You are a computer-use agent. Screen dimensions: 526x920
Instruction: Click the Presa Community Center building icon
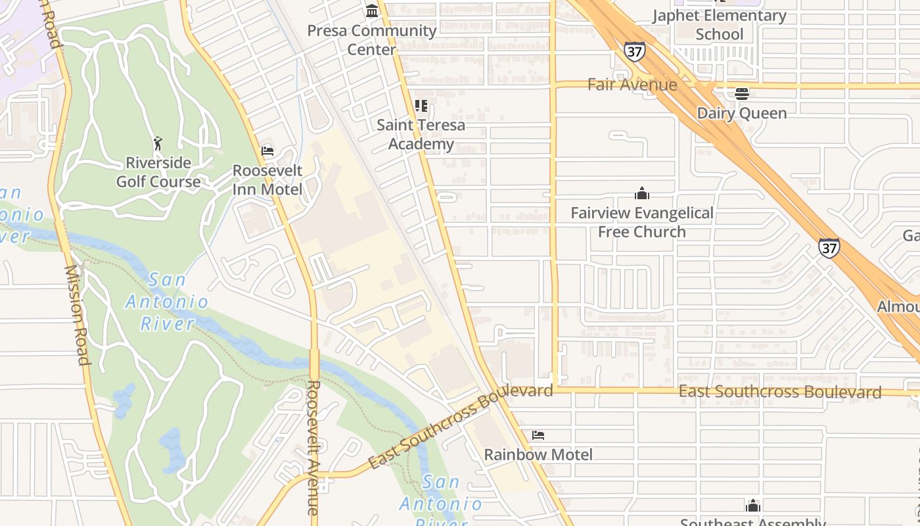click(x=372, y=11)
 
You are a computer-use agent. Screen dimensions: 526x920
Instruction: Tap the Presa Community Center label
click(x=372, y=39)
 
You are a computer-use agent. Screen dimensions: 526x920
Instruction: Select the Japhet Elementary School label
click(x=719, y=25)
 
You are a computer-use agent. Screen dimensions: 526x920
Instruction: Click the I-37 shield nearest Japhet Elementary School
click(x=635, y=52)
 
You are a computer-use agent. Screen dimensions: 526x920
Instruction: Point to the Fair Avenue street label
click(x=632, y=85)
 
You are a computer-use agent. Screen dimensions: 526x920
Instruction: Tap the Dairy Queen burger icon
click(x=742, y=94)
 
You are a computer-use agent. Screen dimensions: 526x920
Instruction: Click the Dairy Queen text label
click(x=741, y=113)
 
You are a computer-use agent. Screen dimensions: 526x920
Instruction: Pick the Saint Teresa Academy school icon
click(x=421, y=106)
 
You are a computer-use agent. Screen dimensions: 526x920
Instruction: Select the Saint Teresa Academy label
click(x=421, y=134)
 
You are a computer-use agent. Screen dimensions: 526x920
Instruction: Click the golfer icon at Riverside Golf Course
click(x=158, y=143)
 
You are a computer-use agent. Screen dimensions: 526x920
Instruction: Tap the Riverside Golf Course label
click(x=158, y=172)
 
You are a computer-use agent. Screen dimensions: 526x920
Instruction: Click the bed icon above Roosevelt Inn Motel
click(x=267, y=151)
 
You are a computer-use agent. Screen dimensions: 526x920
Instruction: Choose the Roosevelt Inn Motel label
click(x=267, y=180)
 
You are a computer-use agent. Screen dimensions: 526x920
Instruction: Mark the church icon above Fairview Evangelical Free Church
click(x=642, y=193)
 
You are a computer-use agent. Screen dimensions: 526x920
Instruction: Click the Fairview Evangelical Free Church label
click(x=642, y=222)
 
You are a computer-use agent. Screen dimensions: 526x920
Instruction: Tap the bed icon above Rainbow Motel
click(x=538, y=435)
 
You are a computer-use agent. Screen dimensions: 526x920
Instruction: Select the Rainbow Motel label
click(x=538, y=454)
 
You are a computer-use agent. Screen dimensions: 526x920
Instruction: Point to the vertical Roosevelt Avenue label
click(x=313, y=447)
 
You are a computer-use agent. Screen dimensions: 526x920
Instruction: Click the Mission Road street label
click(x=76, y=315)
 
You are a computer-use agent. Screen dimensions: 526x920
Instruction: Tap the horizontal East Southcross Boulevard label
click(x=779, y=392)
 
